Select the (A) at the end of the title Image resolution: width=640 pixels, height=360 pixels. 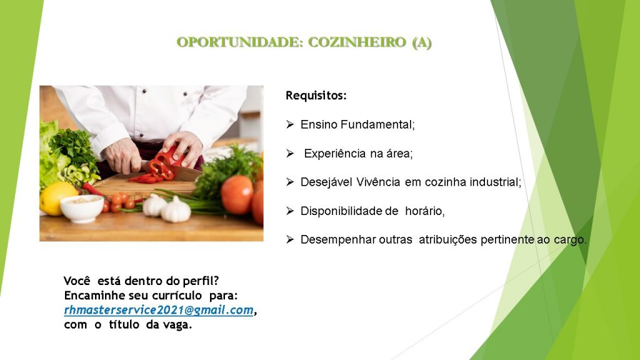tap(422, 42)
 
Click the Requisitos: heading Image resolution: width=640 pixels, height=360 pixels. tap(316, 96)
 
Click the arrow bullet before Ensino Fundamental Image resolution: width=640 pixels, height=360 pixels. tap(290, 124)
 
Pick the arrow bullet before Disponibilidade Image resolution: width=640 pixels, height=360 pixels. tap(290, 211)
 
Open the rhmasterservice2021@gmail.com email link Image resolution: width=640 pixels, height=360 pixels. tap(159, 310)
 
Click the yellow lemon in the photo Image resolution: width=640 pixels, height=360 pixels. tap(57, 198)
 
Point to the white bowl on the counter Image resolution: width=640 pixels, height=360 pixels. tap(82, 209)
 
